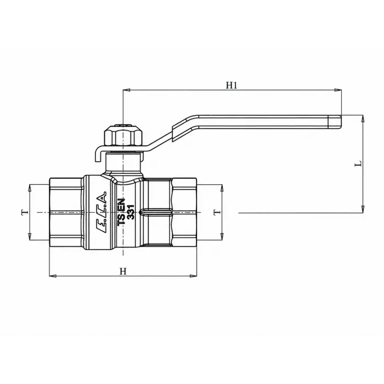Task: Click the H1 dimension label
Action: click(x=231, y=85)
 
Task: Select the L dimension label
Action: click(x=358, y=163)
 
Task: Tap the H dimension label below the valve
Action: click(x=123, y=271)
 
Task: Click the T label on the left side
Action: click(x=25, y=212)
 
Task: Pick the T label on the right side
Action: click(x=217, y=212)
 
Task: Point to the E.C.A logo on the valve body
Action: click(x=101, y=212)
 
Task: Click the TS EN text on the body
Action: click(x=122, y=212)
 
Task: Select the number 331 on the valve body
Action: click(x=131, y=212)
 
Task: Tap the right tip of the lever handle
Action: click(x=341, y=122)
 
